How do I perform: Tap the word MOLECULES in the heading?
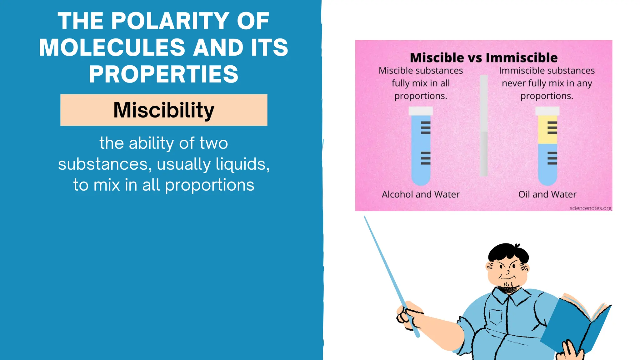click(112, 47)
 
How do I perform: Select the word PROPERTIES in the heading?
click(163, 74)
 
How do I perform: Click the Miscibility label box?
click(164, 110)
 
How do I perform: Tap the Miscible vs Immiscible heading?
click(483, 58)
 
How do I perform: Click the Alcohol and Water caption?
click(421, 194)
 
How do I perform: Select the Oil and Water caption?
click(547, 194)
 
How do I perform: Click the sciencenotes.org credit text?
click(590, 208)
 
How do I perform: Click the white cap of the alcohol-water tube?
click(421, 111)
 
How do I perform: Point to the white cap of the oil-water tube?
click(547, 111)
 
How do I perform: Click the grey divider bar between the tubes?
click(483, 125)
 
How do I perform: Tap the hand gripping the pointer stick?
click(408, 314)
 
